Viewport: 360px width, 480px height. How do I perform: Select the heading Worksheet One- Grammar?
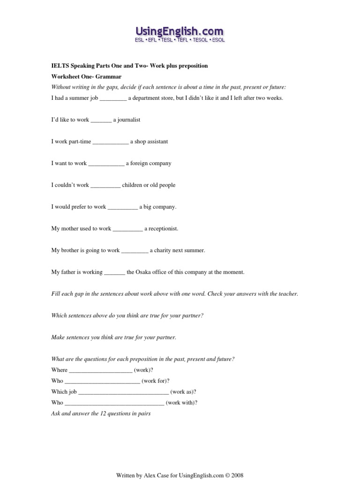click(x=86, y=76)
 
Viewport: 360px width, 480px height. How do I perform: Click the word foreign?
click(x=139, y=164)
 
